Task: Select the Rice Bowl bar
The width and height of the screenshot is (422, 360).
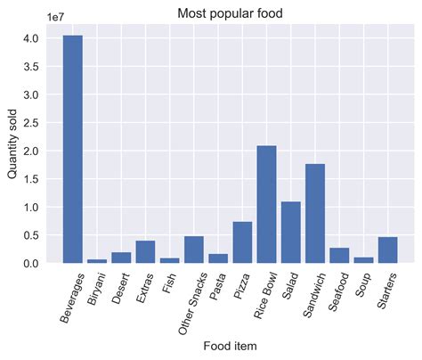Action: click(266, 204)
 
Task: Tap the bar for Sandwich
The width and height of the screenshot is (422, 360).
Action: click(314, 214)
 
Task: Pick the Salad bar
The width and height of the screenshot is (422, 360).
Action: click(290, 233)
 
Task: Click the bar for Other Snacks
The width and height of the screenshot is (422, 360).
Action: click(193, 250)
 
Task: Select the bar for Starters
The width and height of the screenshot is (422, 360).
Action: click(387, 250)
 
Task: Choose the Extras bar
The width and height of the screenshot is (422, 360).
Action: click(145, 252)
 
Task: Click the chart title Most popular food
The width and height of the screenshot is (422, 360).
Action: click(224, 13)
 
